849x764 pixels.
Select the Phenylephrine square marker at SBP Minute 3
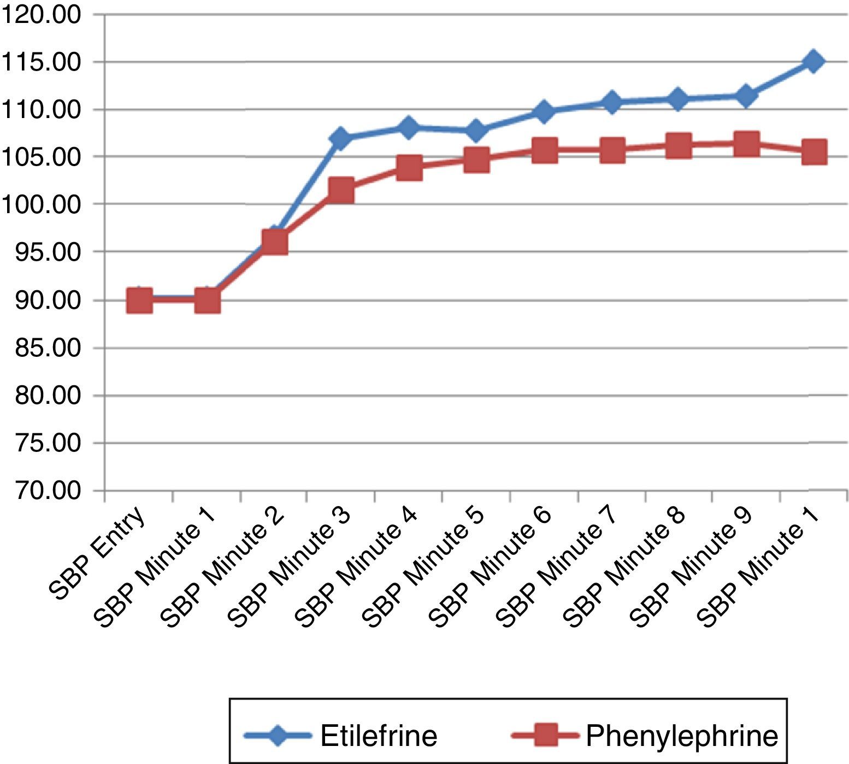coord(341,191)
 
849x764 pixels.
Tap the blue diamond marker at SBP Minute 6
coord(544,111)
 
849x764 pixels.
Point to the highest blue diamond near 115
coord(813,61)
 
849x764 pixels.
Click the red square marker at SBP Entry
coord(139,301)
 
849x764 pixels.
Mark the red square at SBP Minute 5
coord(476,160)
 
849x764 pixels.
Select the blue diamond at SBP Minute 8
coord(677,99)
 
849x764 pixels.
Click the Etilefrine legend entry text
coord(379,736)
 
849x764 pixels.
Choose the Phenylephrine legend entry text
coord(681,736)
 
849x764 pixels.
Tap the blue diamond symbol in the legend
coord(278,736)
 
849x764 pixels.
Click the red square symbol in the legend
coord(544,736)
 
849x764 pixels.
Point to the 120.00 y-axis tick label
coord(41,15)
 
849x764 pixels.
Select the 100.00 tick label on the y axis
coord(41,205)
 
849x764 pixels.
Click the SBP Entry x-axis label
coord(98,552)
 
